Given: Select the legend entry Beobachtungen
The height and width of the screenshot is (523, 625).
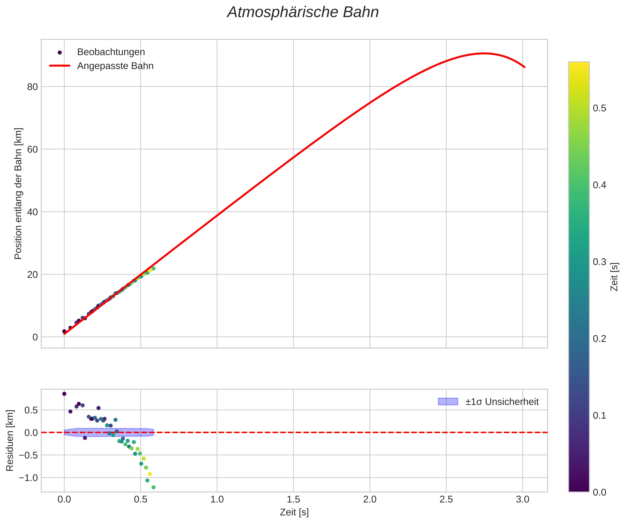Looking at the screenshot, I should (111, 52).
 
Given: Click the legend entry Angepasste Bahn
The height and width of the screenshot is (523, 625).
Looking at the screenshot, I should (115, 66).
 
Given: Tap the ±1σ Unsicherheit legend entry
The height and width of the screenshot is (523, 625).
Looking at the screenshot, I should (502, 402).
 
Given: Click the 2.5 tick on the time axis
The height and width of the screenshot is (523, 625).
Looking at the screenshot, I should (446, 499).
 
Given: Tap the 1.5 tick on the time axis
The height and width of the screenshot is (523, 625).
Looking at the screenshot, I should (294, 499).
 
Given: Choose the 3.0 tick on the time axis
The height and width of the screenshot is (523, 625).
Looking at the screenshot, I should (523, 499).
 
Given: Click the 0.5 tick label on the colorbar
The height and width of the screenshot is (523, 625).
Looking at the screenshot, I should (599, 108).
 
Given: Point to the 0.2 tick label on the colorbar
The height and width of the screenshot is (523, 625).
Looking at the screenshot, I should (599, 339).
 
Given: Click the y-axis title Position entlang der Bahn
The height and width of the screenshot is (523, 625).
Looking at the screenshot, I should (18, 194).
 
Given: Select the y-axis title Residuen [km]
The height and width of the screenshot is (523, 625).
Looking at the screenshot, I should (10, 441).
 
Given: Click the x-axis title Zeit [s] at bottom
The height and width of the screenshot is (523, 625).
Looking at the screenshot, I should (294, 512).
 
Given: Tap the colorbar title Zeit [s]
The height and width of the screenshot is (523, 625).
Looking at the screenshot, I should (614, 277).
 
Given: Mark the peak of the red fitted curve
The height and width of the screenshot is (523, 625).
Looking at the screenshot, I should (484, 54).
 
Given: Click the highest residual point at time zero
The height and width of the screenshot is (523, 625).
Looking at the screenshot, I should (64, 394).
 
